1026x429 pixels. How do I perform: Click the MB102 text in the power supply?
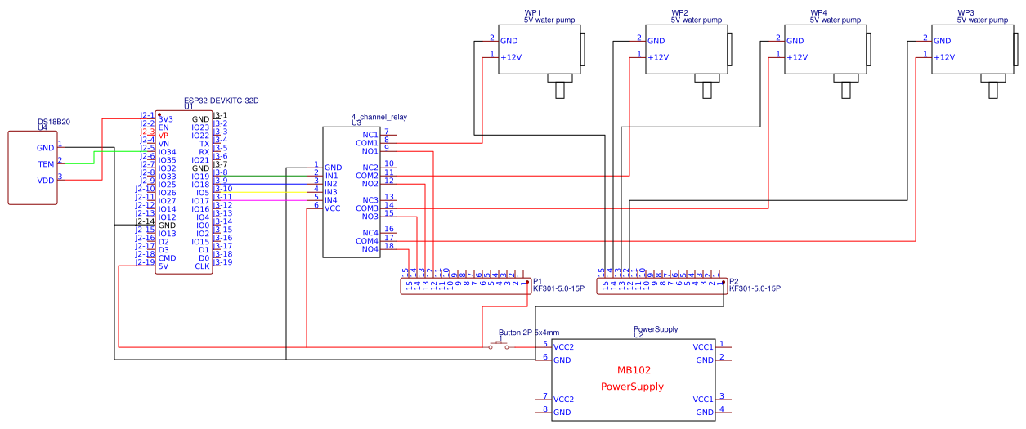(x=633, y=370)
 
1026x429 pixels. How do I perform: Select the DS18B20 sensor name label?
(x=54, y=122)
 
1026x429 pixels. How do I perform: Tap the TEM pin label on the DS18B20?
(x=46, y=163)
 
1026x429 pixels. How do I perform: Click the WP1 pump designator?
(x=532, y=13)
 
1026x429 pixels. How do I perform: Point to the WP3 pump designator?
(x=966, y=13)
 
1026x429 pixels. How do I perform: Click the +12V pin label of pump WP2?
(x=658, y=57)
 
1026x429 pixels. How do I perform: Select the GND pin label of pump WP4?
(x=795, y=41)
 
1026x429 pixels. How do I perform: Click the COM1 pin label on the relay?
(x=366, y=143)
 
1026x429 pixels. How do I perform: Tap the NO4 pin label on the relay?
(x=368, y=249)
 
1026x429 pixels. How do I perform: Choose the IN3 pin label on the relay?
(x=331, y=192)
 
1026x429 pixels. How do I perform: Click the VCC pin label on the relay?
(x=333, y=208)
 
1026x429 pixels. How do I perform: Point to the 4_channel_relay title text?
(x=379, y=117)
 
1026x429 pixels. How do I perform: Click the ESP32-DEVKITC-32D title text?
(x=221, y=101)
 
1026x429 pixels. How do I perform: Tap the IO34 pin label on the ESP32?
(x=167, y=152)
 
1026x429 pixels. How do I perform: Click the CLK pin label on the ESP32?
(x=202, y=266)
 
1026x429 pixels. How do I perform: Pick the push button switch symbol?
(x=499, y=346)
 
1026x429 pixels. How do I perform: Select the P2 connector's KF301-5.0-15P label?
(x=755, y=288)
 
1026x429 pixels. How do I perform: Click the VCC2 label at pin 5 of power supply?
(x=563, y=347)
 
